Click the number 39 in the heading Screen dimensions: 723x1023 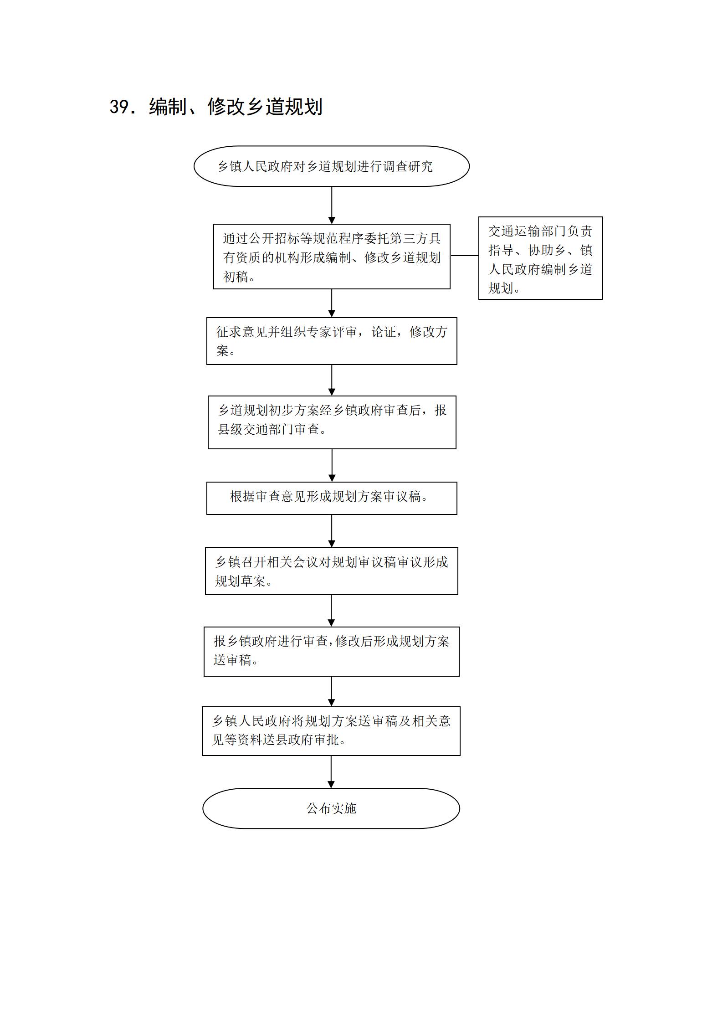[120, 107]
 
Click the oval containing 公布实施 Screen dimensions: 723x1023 [331, 808]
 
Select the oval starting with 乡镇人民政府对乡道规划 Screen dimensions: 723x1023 [332, 166]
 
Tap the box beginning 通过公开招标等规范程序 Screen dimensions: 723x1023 [332, 257]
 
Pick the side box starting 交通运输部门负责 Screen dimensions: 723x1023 [540, 258]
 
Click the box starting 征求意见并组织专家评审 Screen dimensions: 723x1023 [332, 341]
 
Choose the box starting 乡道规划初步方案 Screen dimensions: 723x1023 [332, 422]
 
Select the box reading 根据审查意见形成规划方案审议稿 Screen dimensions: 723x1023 [332, 499]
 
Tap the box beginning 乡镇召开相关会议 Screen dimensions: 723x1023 [332, 571]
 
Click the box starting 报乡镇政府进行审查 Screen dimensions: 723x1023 [332, 652]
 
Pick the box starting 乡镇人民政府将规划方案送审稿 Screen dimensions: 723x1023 [331, 731]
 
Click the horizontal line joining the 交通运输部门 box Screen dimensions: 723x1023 [464, 256]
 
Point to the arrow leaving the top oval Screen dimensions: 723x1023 [332, 205]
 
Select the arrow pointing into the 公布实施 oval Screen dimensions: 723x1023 [331, 772]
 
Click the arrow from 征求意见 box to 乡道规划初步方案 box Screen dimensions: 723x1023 [332, 380]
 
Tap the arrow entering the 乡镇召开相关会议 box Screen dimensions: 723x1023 [332, 531]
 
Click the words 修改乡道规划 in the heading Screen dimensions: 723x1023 [265, 107]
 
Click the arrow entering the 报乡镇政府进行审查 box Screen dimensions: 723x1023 [331, 611]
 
